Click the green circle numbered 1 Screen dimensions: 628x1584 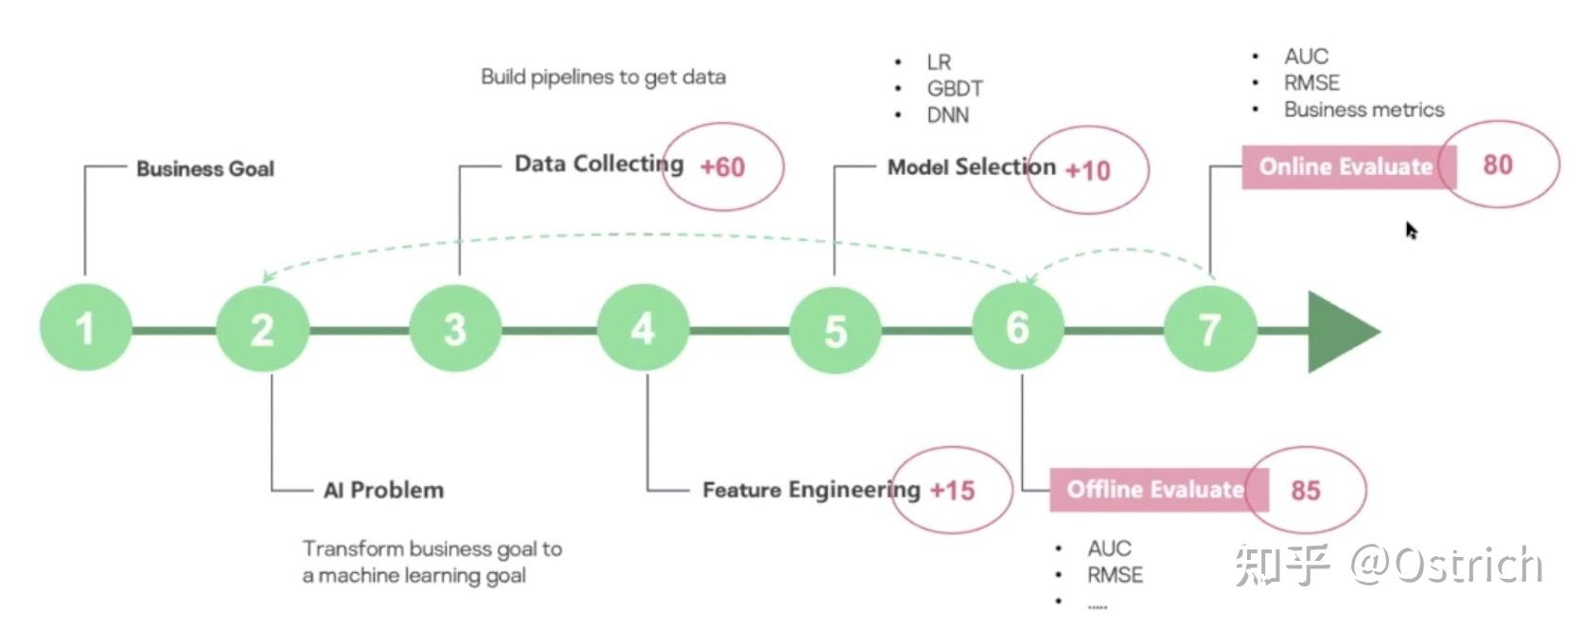(x=85, y=327)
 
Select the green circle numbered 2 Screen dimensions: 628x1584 (x=262, y=328)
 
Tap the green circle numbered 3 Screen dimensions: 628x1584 (x=455, y=328)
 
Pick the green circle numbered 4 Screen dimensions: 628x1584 (x=643, y=328)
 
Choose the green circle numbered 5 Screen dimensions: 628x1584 (x=835, y=330)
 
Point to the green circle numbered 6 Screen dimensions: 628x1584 (x=1018, y=327)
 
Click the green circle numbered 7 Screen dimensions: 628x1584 (x=1209, y=329)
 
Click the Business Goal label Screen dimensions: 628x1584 (x=205, y=169)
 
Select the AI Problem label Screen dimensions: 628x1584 (x=383, y=490)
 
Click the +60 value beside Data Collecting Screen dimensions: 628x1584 (x=722, y=167)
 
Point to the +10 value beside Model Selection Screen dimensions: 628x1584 (x=1087, y=171)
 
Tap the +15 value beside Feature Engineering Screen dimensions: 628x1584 (x=952, y=490)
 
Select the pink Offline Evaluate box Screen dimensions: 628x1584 (x=1153, y=489)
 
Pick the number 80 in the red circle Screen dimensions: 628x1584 (x=1497, y=165)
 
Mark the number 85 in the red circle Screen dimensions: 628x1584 (x=1305, y=490)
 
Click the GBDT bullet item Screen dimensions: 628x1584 (x=954, y=89)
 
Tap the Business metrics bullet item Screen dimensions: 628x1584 (x=1364, y=110)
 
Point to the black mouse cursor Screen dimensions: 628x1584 (x=1411, y=231)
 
